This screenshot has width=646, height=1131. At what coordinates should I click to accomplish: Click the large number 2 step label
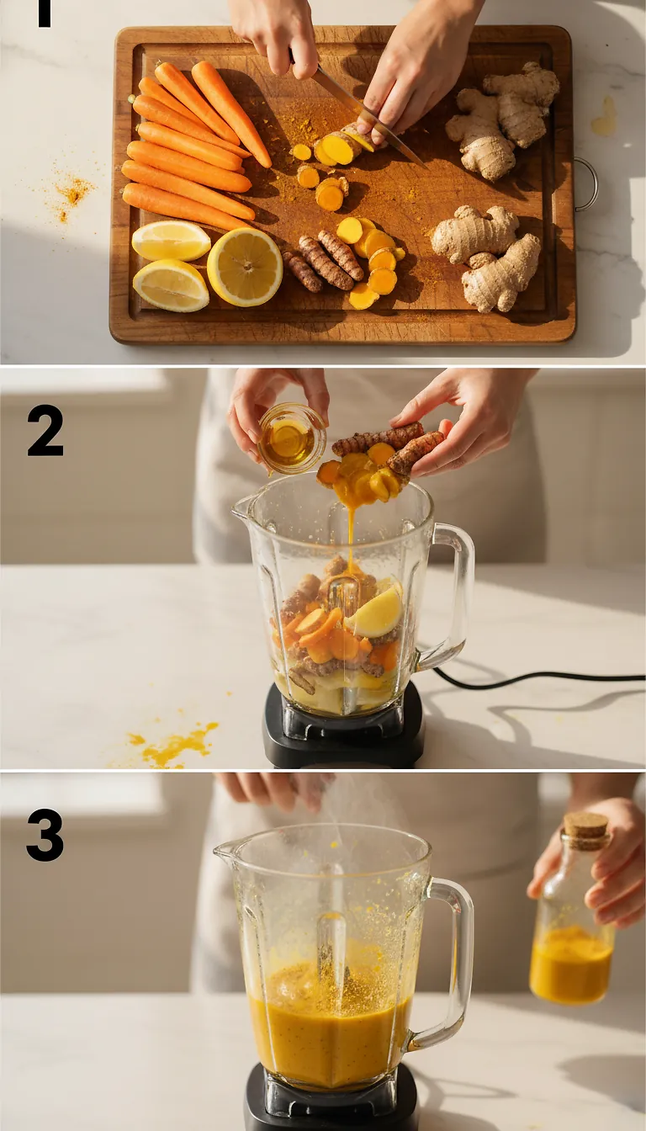pyautogui.click(x=45, y=430)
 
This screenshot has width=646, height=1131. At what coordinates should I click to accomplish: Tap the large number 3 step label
pyautogui.click(x=45, y=835)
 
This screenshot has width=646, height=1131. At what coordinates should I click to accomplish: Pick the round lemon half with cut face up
pyautogui.click(x=245, y=267)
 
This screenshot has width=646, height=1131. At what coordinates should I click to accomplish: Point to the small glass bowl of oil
pyautogui.click(x=290, y=438)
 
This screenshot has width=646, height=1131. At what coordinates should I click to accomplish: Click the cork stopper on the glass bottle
pyautogui.click(x=585, y=829)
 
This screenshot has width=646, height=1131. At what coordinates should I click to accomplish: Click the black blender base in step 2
pyautogui.click(x=343, y=733)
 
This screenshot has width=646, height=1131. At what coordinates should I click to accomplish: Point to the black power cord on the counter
pyautogui.click(x=538, y=675)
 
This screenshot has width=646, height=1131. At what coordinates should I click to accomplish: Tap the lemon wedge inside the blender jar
pyautogui.click(x=375, y=613)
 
